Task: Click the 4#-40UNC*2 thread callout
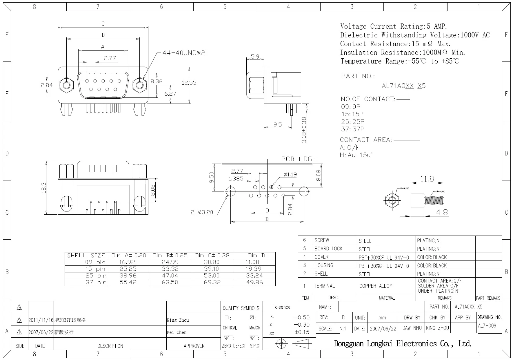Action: point(183,53)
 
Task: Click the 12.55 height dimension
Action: point(189,83)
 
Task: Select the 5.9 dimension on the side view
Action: point(255,57)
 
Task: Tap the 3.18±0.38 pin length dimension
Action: point(304,130)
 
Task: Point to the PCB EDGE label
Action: point(299,159)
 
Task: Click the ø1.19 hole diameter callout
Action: point(290,174)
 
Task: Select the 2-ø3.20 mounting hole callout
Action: point(202,212)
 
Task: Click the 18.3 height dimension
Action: point(44,188)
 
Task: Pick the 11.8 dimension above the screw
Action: point(427,179)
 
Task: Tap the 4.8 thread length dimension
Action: point(442,213)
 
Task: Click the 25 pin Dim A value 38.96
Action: point(128,276)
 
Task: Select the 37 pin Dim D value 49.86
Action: point(254,282)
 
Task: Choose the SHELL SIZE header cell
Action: point(86,256)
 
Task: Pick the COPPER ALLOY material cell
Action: point(376,286)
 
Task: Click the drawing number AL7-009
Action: point(487,325)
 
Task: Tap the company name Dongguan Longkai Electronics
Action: point(402,344)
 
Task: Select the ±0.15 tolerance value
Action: point(302,332)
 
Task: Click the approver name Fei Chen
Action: point(177,332)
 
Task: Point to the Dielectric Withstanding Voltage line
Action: point(415,35)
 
